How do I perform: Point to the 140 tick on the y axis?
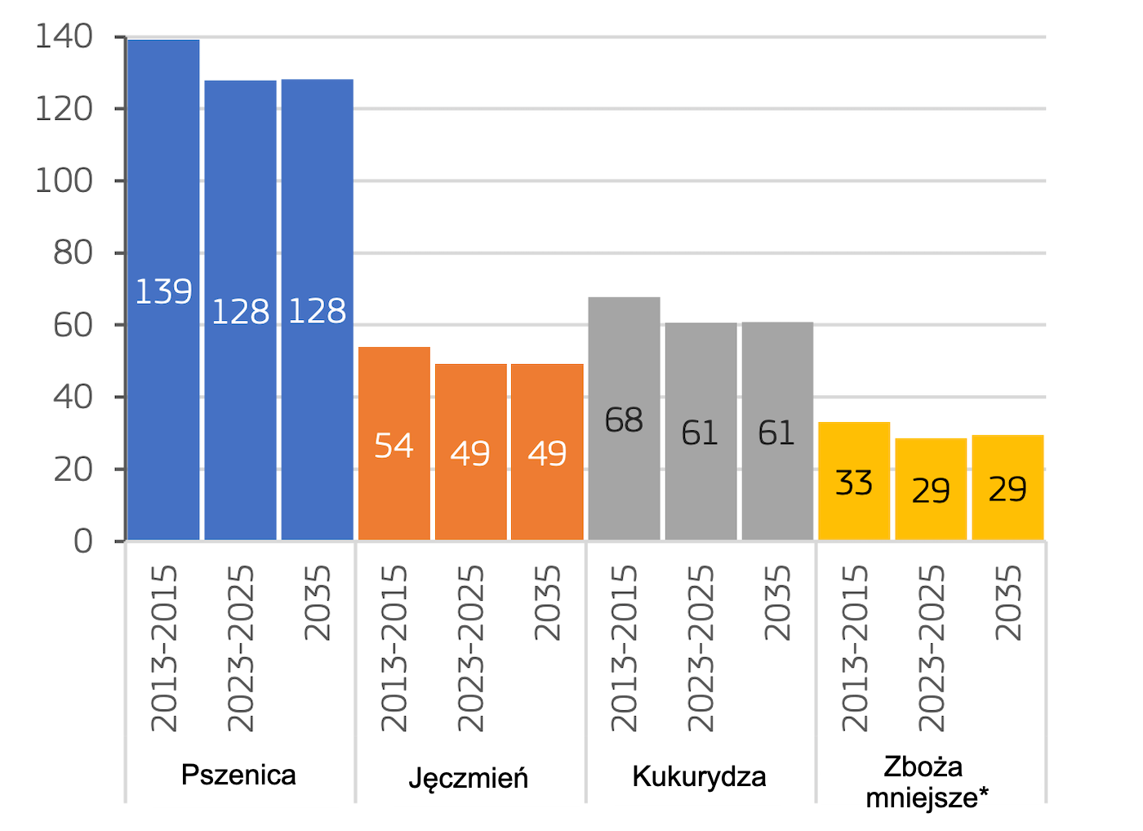(64, 37)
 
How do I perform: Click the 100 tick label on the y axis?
(64, 180)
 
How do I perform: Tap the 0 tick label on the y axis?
(82, 541)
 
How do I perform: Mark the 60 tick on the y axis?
(73, 325)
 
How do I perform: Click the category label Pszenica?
(238, 775)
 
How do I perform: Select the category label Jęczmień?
(468, 778)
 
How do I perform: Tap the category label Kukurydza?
(699, 776)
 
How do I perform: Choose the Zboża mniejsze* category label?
(925, 782)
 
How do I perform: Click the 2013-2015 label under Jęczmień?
(394, 648)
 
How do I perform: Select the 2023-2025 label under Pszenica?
(241, 648)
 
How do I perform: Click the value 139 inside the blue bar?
(163, 291)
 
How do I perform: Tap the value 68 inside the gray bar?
(624, 420)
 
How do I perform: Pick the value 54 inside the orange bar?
(394, 446)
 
